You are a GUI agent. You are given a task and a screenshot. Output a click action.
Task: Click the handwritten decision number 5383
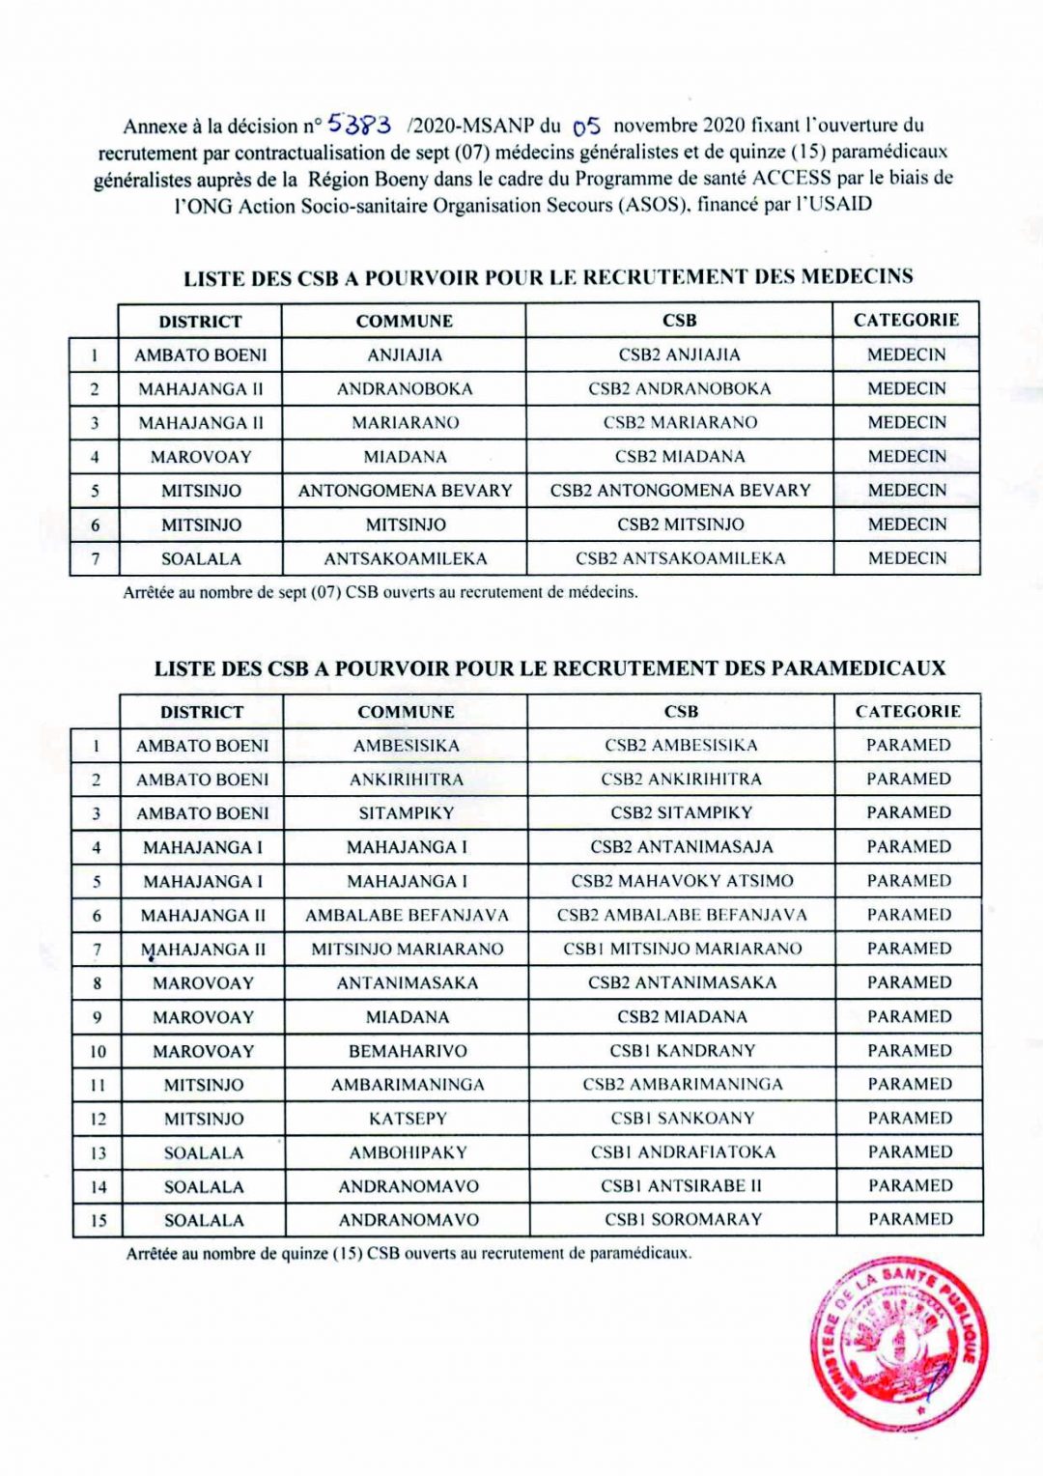[x=358, y=124]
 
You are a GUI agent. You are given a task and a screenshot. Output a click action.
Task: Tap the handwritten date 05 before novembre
[x=586, y=126]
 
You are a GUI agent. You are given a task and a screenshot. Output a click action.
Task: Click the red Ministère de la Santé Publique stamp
[x=898, y=1343]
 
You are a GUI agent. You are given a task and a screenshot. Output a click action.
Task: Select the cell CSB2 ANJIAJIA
[x=679, y=355]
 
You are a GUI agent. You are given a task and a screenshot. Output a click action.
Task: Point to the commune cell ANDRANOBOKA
[x=405, y=389]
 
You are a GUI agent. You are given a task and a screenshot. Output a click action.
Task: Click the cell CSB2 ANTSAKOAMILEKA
[x=680, y=558]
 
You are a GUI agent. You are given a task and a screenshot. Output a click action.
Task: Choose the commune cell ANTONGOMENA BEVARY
[x=405, y=491]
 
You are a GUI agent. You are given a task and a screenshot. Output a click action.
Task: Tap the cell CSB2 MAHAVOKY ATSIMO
[x=682, y=881]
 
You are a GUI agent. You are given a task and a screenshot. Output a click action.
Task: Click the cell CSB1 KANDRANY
[x=682, y=1050]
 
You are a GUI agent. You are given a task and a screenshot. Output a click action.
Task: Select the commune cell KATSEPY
[x=408, y=1119]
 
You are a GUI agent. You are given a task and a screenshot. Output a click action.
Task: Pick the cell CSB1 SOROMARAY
[x=683, y=1219]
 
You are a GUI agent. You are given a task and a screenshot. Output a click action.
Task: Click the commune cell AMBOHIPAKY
[x=408, y=1152]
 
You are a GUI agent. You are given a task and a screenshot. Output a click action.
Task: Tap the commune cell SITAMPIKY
[x=406, y=813]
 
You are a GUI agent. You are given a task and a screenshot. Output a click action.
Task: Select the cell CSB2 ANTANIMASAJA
[x=682, y=847]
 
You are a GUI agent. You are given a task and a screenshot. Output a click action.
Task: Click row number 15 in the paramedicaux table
[x=99, y=1220]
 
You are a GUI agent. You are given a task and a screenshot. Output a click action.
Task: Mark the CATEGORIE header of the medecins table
[x=906, y=320]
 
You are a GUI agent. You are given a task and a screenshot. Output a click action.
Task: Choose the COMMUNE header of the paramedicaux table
[x=406, y=712]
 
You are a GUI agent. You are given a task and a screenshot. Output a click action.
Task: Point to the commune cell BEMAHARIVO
[x=408, y=1051]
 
